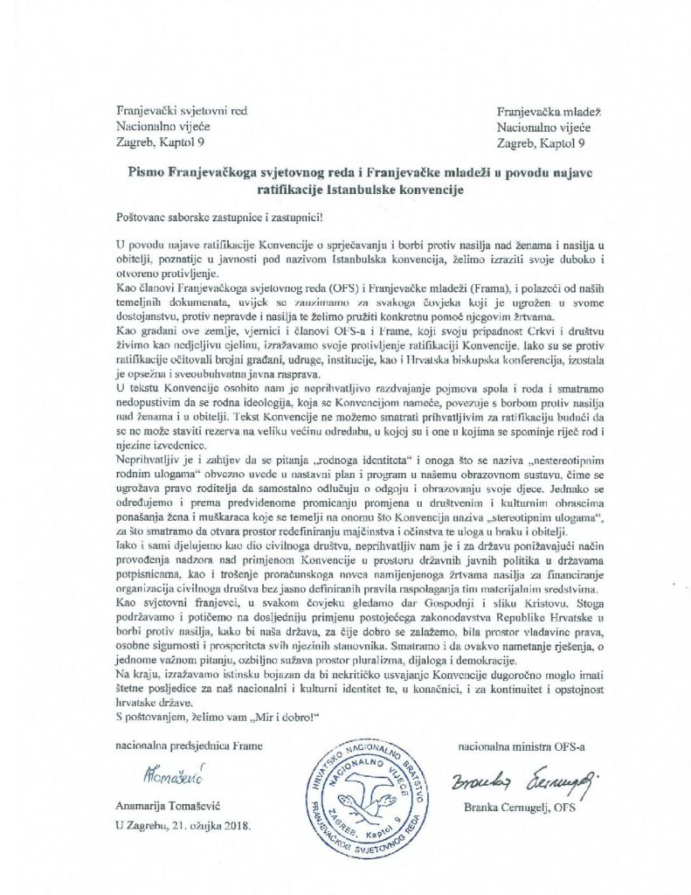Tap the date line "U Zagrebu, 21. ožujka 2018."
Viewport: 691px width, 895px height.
(x=180, y=826)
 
